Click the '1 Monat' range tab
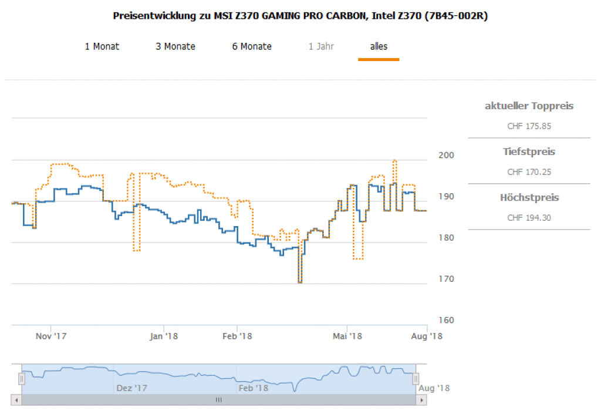(102, 46)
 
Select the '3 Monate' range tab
(175, 46)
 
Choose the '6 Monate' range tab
(251, 46)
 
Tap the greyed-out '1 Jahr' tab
(321, 46)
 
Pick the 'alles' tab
(379, 46)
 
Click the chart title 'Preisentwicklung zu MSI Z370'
(300, 16)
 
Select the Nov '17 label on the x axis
(51, 336)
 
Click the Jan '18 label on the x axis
(164, 336)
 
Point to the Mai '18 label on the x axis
(347, 336)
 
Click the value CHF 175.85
(529, 126)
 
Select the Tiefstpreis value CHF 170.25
(529, 172)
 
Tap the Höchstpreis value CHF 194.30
(529, 218)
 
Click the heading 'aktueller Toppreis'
(529, 106)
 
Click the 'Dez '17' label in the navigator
(132, 388)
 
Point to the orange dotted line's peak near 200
(394, 160)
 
